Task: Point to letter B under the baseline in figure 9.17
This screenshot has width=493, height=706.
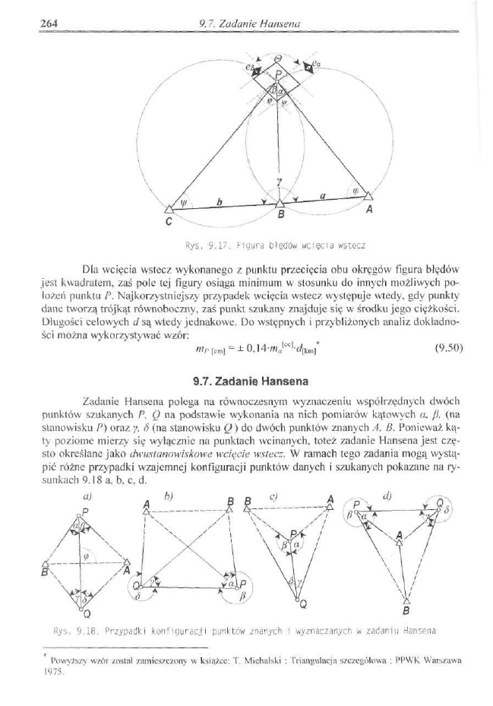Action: click(x=280, y=216)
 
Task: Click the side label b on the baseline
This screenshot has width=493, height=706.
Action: click(x=219, y=201)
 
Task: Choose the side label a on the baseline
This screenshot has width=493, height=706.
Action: click(x=323, y=195)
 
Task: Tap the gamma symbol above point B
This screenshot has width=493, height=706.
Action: click(x=279, y=182)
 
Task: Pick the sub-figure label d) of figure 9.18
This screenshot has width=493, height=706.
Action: click(x=387, y=497)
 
